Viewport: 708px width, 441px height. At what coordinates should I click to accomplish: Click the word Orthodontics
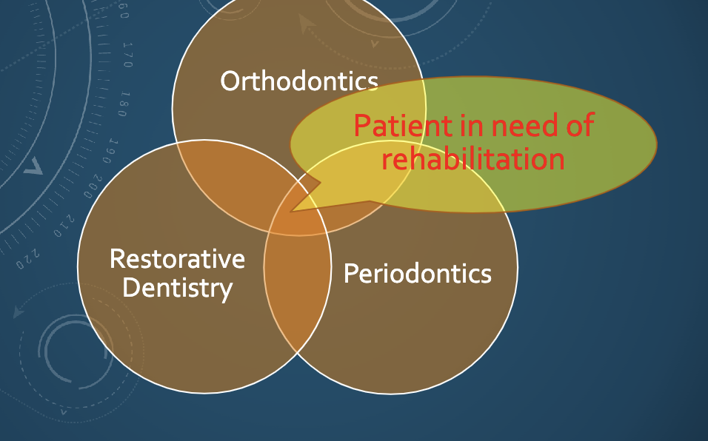[299, 81]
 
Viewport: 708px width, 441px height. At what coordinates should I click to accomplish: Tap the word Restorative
[177, 259]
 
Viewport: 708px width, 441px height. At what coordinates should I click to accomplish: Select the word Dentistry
[177, 287]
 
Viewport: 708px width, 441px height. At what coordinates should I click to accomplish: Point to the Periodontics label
[418, 274]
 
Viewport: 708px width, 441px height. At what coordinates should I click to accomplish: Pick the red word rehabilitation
[473, 158]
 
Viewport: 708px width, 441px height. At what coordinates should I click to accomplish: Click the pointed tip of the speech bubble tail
[293, 212]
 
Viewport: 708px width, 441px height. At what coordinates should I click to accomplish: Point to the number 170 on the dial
[128, 55]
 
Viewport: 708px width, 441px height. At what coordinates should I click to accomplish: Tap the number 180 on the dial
[123, 104]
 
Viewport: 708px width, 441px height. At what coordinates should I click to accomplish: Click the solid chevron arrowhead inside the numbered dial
[33, 168]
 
